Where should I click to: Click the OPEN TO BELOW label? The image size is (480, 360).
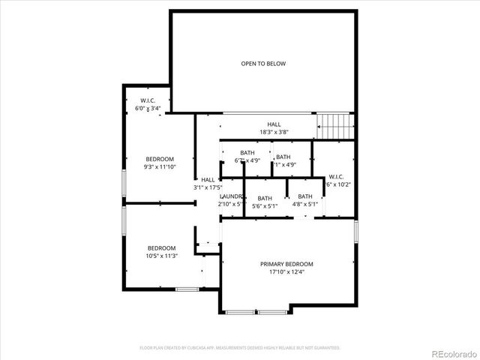click(x=263, y=64)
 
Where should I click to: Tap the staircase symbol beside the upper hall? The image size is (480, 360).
click(x=335, y=124)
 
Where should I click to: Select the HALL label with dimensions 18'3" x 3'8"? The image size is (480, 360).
click(x=274, y=124)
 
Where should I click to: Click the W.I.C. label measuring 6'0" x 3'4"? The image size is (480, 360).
click(x=148, y=100)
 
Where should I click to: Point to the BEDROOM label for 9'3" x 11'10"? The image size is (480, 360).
click(x=160, y=159)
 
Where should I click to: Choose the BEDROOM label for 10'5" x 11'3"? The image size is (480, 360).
click(x=161, y=248)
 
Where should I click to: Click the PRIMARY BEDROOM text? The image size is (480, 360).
click(x=286, y=264)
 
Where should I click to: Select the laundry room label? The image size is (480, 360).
click(x=232, y=196)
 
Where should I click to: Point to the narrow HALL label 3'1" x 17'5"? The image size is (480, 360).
click(x=208, y=180)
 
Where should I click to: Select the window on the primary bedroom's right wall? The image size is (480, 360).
click(x=356, y=231)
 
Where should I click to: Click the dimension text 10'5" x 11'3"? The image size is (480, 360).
click(x=161, y=256)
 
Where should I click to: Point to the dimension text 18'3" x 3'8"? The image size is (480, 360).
click(x=274, y=132)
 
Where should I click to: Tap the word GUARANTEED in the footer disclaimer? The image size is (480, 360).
click(x=322, y=348)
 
